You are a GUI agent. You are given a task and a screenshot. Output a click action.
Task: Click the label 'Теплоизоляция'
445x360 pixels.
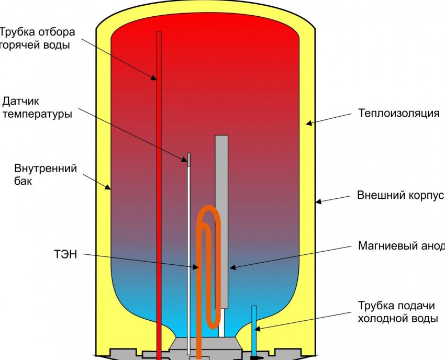pyautogui.click(x=398, y=113)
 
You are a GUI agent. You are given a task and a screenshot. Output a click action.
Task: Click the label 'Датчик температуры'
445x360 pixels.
pyautogui.click(x=37, y=107)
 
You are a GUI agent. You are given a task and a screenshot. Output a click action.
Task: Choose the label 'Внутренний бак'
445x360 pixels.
pyautogui.click(x=46, y=175)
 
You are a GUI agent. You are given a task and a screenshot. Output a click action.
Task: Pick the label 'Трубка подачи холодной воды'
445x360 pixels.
pyautogui.click(x=398, y=312)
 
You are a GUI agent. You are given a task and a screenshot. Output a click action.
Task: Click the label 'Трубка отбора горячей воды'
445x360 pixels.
pyautogui.click(x=37, y=38)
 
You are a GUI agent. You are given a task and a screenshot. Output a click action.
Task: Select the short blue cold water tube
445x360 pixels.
pyautogui.click(x=254, y=330)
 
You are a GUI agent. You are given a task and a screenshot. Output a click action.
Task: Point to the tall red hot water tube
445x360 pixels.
pyautogui.click(x=159, y=183)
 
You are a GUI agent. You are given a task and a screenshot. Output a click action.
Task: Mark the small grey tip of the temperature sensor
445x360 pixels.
pyautogui.click(x=188, y=159)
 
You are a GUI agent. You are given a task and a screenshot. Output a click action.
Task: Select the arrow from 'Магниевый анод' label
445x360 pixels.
pyautogui.click(x=293, y=256)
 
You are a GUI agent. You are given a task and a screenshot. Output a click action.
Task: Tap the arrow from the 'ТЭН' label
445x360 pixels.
pyautogui.click(x=141, y=261)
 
